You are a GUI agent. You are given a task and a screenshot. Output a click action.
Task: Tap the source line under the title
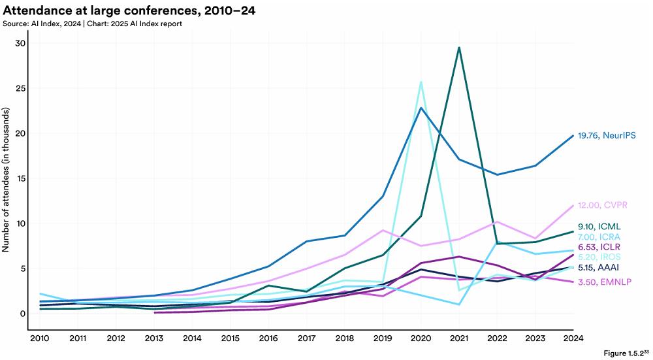(x=92, y=24)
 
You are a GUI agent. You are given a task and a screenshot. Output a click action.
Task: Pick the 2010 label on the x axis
(x=40, y=338)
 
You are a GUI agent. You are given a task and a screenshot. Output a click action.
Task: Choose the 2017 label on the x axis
(x=306, y=338)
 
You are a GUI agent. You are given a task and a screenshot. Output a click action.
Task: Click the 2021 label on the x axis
(x=459, y=338)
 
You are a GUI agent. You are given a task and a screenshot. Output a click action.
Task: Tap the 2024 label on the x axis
(x=573, y=338)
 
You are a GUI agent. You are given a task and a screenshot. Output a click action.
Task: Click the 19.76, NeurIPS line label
(x=607, y=135)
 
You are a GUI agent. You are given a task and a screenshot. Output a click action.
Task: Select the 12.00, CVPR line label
(x=602, y=205)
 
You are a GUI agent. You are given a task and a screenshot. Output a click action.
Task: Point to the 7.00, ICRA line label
(x=598, y=237)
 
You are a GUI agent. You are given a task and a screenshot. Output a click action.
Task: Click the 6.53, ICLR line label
(x=598, y=247)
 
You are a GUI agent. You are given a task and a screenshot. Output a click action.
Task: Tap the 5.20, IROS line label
(x=598, y=257)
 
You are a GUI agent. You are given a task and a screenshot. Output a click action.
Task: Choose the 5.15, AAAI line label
(x=598, y=268)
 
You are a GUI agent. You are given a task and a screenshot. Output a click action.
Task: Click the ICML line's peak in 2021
(x=459, y=48)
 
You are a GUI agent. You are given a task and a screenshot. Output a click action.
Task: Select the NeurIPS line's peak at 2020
(x=421, y=108)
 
